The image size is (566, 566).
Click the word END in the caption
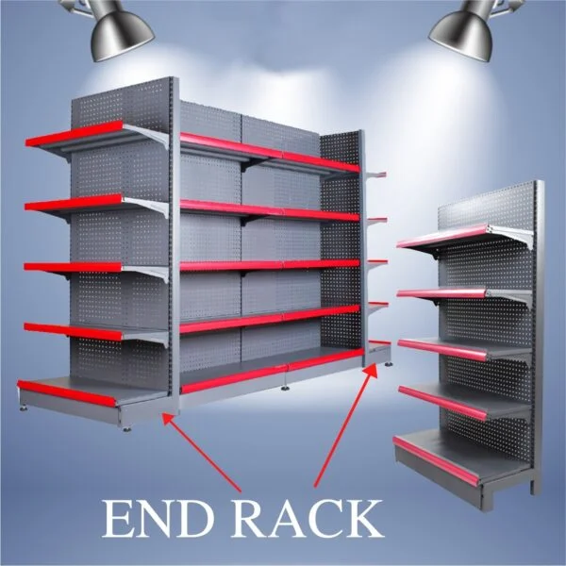click(x=157, y=519)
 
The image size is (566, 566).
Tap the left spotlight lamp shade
click(x=122, y=37)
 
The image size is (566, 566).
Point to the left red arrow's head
click(x=169, y=420)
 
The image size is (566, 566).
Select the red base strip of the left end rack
click(x=67, y=393)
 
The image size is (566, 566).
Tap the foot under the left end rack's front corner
click(x=126, y=429)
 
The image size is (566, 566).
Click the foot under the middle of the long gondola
click(x=285, y=389)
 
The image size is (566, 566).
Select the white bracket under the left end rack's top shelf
click(x=147, y=134)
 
